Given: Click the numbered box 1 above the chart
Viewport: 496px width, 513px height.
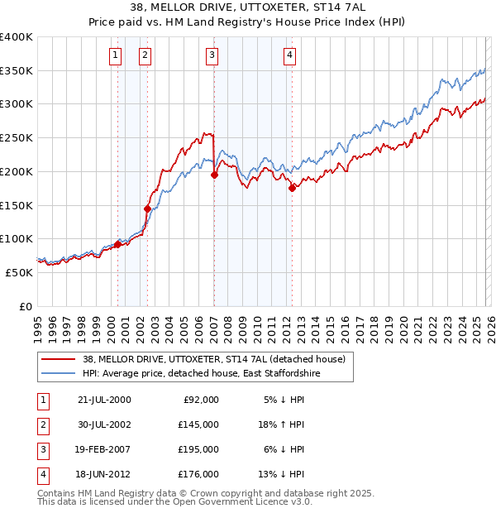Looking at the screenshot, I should (114, 55).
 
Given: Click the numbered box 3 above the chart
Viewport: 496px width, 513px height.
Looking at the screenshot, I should (212, 55).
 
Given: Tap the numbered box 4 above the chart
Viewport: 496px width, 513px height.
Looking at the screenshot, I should (290, 55).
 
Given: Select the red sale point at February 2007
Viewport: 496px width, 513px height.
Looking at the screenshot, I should (214, 175).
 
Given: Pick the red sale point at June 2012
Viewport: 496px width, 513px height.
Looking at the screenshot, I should (292, 188).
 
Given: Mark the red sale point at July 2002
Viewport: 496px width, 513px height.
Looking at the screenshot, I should (147, 209).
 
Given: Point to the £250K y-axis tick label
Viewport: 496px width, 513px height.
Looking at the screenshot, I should (17, 138).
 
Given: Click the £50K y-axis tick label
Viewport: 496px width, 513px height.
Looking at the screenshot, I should (19, 272).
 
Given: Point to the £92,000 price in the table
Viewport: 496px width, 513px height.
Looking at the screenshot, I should (199, 399).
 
